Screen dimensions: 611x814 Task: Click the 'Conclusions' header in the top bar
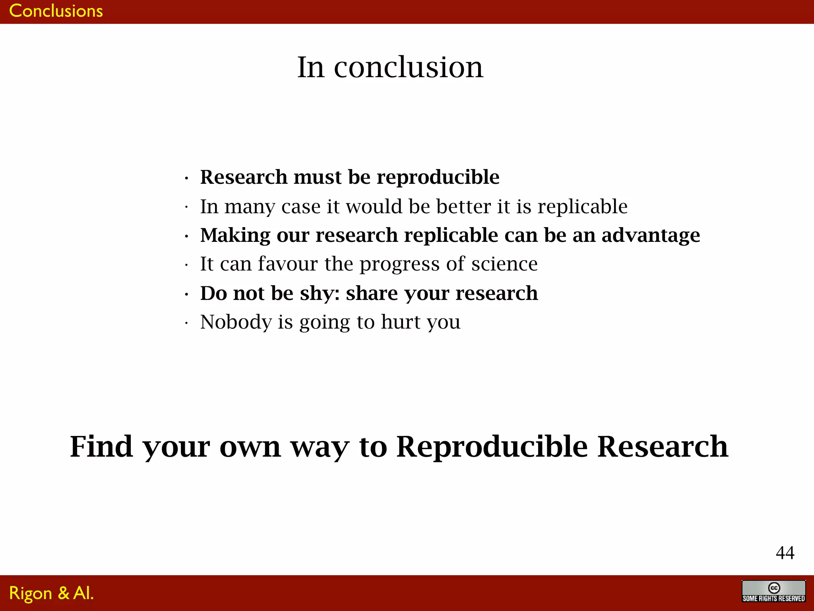[x=56, y=11]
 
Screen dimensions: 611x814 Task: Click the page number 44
[x=785, y=553]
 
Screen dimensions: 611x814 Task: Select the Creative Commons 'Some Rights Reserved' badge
[x=773, y=592]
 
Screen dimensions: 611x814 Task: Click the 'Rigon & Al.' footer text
[x=51, y=593]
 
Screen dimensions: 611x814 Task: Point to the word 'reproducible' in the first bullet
[x=438, y=177]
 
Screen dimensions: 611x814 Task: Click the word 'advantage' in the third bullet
[x=651, y=235]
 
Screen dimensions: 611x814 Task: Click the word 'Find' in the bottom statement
[x=101, y=446]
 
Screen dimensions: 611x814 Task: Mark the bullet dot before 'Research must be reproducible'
[x=186, y=179]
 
